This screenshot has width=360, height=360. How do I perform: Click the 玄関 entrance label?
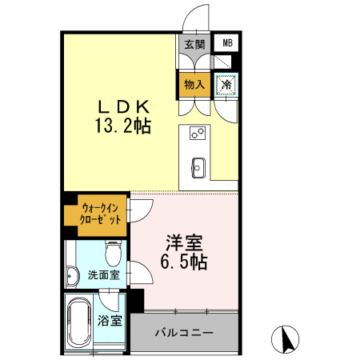[x=194, y=44]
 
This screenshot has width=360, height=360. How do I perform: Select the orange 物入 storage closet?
[x=194, y=83]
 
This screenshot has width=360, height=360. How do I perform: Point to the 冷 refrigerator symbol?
[x=226, y=83]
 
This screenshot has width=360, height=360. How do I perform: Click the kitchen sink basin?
[x=198, y=167]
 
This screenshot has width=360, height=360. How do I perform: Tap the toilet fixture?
[x=112, y=254]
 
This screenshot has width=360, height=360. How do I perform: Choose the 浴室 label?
[x=110, y=322]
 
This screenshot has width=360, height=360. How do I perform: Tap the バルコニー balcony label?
[x=184, y=331]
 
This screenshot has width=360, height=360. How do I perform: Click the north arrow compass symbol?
[x=284, y=340]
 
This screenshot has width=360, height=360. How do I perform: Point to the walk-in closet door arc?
[x=138, y=210]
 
